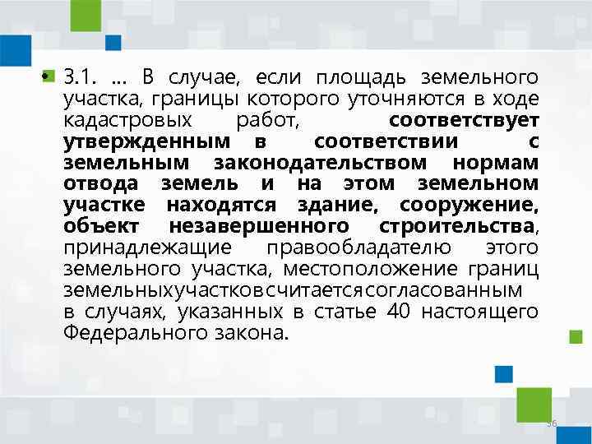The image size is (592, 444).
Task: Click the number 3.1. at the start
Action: click(80, 79)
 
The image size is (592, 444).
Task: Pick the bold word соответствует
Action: click(464, 122)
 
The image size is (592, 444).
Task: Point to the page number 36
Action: click(553, 423)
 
